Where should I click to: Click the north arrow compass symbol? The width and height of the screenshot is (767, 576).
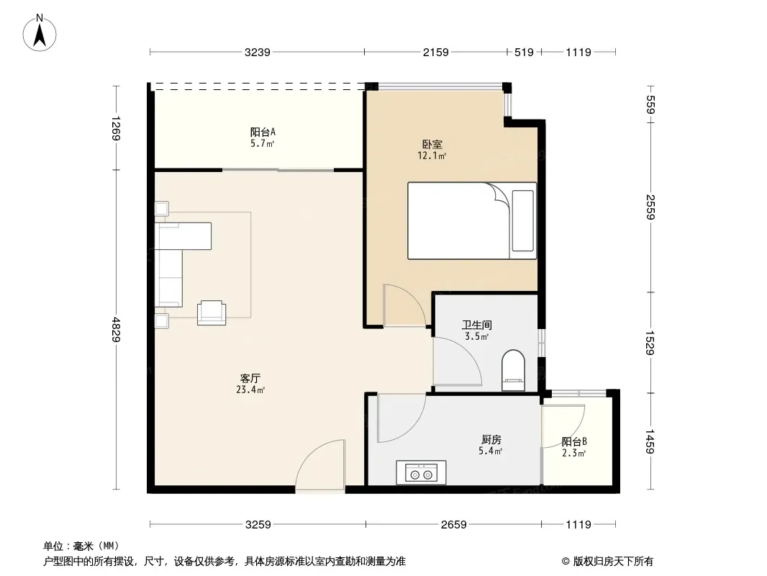coord(40,33)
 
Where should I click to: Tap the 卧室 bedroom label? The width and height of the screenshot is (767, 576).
coord(432,145)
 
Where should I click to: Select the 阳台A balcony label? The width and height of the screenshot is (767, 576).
coord(263,132)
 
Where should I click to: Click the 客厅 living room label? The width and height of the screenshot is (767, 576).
coord(250,378)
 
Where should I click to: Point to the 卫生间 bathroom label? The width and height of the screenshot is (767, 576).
coord(477,325)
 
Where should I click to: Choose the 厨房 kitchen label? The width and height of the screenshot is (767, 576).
coord(491,439)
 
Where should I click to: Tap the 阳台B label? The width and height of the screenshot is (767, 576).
coord(574,441)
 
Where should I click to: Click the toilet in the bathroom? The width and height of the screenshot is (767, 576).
coord(513,370)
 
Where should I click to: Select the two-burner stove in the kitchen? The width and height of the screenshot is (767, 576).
coord(421,472)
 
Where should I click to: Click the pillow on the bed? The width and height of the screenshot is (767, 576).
coord(523,221)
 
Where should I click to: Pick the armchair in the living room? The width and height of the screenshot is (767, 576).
coord(212,312)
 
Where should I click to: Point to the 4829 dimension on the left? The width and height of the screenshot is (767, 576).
coord(116,329)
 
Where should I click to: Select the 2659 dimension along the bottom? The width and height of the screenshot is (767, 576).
coord(453,525)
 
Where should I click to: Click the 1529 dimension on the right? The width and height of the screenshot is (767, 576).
coord(650,343)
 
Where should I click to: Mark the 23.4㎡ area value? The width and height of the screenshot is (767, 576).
coord(250,390)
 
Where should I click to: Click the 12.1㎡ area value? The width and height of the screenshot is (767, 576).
coord(432,156)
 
